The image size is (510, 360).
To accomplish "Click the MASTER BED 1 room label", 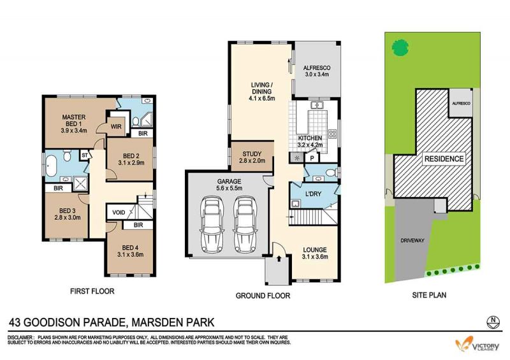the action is (74, 120).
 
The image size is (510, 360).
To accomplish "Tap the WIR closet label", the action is (116, 126).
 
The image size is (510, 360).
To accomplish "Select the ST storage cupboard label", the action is (85, 155).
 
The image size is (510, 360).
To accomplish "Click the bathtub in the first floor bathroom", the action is (51, 166).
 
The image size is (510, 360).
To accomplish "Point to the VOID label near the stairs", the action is (119, 212).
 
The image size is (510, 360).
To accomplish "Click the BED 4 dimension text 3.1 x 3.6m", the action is (130, 255).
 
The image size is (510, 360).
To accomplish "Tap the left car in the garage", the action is (213, 224).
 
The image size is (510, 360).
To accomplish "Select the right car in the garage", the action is (245, 224).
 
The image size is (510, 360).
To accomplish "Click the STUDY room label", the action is (252, 154).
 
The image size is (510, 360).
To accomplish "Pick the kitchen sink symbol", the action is (316, 105).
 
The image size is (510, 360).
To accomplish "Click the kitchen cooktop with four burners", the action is (332, 134).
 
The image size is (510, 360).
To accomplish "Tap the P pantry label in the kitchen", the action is (312, 159).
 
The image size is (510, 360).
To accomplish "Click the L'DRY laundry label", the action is (313, 194).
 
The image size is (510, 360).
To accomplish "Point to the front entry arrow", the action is (279, 259).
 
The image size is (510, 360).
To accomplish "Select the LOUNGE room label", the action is (315, 250).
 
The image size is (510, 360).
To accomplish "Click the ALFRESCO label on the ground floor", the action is (317, 68).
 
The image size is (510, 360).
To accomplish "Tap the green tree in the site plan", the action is (400, 48).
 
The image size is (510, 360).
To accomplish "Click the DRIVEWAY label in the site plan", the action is (412, 241).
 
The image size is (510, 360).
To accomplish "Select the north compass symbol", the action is (493, 322).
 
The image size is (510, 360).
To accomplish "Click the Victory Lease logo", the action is (477, 344).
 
